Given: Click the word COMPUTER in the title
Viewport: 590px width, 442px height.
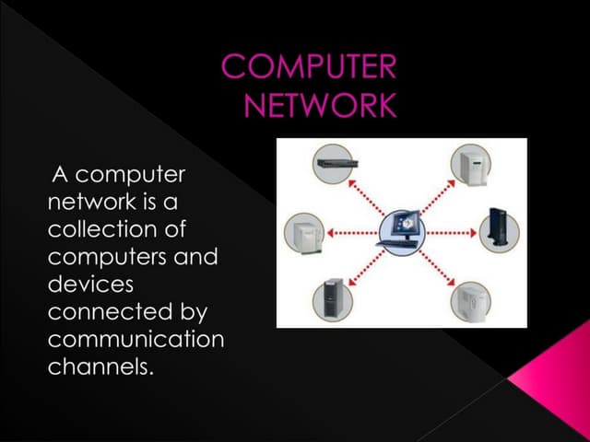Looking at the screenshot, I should tap(309, 67).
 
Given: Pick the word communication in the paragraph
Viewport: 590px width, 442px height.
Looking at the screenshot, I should tap(135, 340).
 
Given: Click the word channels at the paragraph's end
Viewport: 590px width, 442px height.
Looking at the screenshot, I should tap(98, 367).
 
